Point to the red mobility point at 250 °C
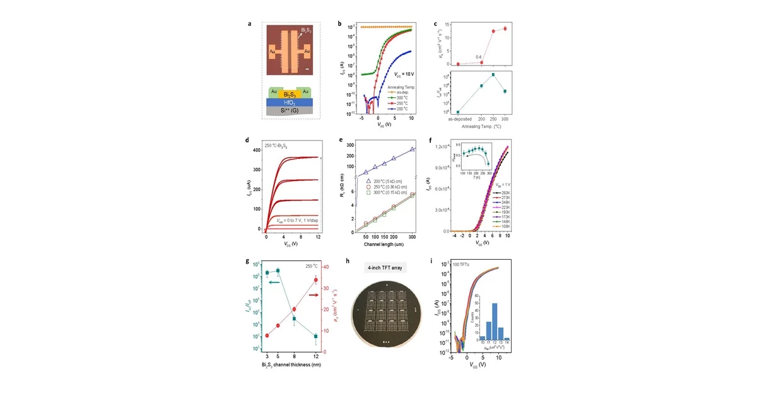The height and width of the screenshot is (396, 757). click(493, 31)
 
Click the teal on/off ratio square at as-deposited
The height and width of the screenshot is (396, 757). click(458, 112)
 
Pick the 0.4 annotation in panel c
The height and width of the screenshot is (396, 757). click(479, 57)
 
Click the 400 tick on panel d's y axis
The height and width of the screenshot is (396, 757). click(258, 150)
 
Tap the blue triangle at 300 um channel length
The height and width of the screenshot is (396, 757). click(412, 149)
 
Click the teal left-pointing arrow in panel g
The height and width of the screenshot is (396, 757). click(274, 282)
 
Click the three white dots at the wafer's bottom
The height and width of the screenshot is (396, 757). click(385, 341)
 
